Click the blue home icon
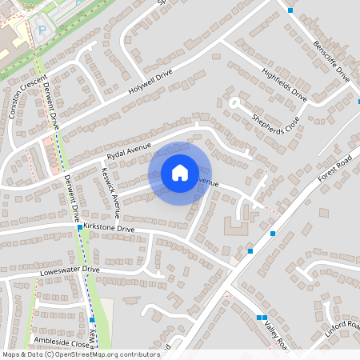(180, 173)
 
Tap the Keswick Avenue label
(110, 193)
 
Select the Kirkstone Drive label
(109, 228)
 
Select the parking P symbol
(42, 30)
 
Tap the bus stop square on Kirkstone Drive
(79, 228)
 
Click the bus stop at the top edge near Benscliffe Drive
(290, 10)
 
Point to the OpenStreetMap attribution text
(81, 354)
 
